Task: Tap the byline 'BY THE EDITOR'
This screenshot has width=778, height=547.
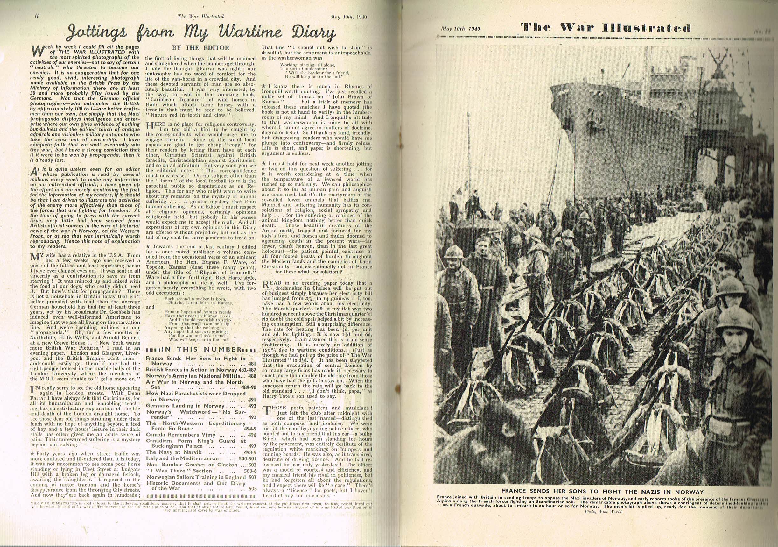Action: click(x=200, y=48)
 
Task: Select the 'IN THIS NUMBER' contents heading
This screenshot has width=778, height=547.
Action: click(x=201, y=350)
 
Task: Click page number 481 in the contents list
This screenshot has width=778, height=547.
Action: click(x=252, y=364)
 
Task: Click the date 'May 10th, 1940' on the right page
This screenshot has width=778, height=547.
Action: click(x=461, y=29)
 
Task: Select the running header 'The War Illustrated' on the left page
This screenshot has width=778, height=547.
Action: click(x=200, y=16)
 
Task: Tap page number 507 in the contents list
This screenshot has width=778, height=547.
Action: click(x=252, y=477)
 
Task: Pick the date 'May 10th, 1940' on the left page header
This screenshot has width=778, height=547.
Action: click(x=349, y=16)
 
